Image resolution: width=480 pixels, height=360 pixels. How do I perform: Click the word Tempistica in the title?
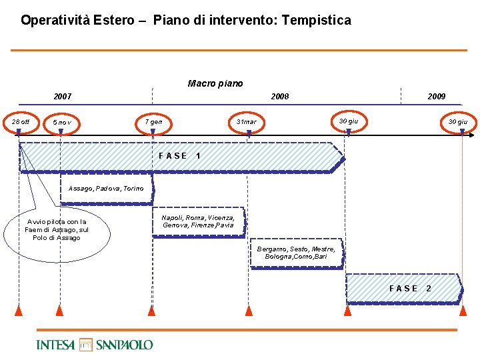click(x=316, y=21)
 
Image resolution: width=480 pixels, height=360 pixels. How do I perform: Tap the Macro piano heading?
click(x=215, y=83)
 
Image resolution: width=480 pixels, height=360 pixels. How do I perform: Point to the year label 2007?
click(x=63, y=97)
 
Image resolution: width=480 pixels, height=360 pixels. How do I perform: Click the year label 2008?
click(x=280, y=97)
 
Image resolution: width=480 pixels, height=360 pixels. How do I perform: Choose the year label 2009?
click(x=437, y=97)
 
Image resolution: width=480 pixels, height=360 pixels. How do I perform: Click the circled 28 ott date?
click(x=21, y=122)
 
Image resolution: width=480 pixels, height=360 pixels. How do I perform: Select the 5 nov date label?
click(x=62, y=123)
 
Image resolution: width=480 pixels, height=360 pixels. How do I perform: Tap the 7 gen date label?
click(x=154, y=122)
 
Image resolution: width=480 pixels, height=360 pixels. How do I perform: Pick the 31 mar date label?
click(x=246, y=122)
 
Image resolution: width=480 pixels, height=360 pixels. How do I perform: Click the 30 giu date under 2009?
click(x=457, y=122)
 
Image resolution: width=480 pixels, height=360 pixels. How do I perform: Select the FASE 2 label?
click(x=410, y=288)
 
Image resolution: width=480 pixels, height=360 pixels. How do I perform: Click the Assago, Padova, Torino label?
click(x=106, y=189)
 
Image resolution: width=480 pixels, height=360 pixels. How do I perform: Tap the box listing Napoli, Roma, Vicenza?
click(x=198, y=221)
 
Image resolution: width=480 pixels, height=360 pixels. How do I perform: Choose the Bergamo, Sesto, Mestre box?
click(x=296, y=253)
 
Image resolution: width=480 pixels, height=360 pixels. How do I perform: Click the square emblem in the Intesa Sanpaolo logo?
click(x=85, y=345)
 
